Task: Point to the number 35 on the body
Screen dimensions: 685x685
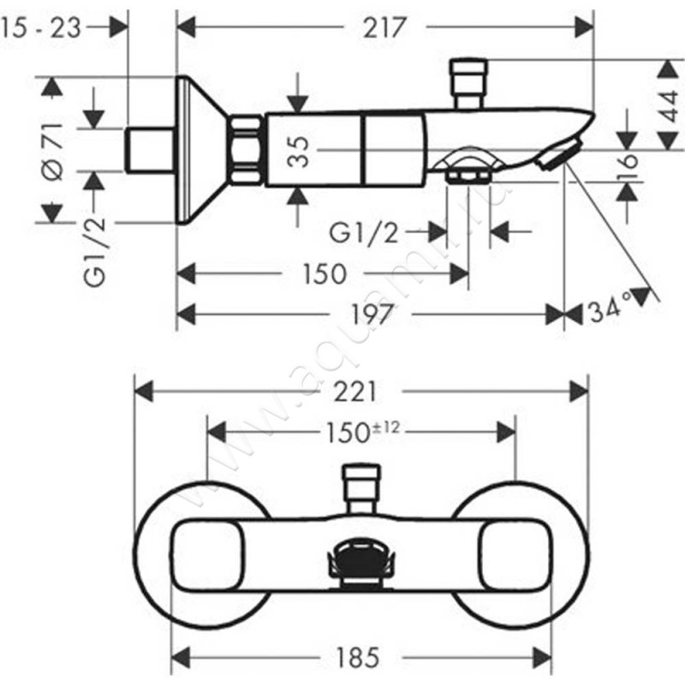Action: tap(297, 151)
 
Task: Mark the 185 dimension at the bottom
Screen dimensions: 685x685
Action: tap(355, 658)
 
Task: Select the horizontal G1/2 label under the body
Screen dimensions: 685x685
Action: tap(364, 231)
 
